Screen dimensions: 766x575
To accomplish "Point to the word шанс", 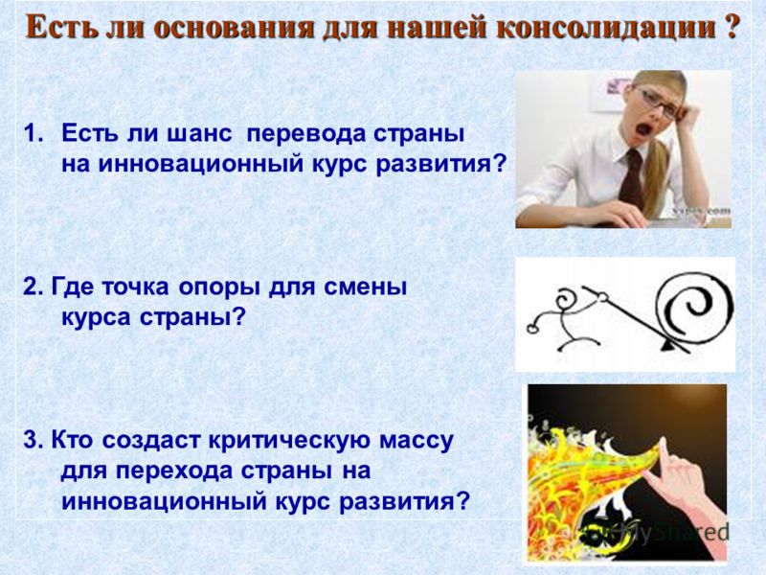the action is click(199, 134).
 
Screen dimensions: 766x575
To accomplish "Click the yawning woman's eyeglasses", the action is click(657, 103).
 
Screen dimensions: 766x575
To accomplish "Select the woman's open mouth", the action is click(642, 130).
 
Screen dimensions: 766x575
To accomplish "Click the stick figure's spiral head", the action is click(569, 298).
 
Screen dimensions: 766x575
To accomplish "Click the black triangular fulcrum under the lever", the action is click(668, 346).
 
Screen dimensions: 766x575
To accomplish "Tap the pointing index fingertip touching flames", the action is click(663, 443).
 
